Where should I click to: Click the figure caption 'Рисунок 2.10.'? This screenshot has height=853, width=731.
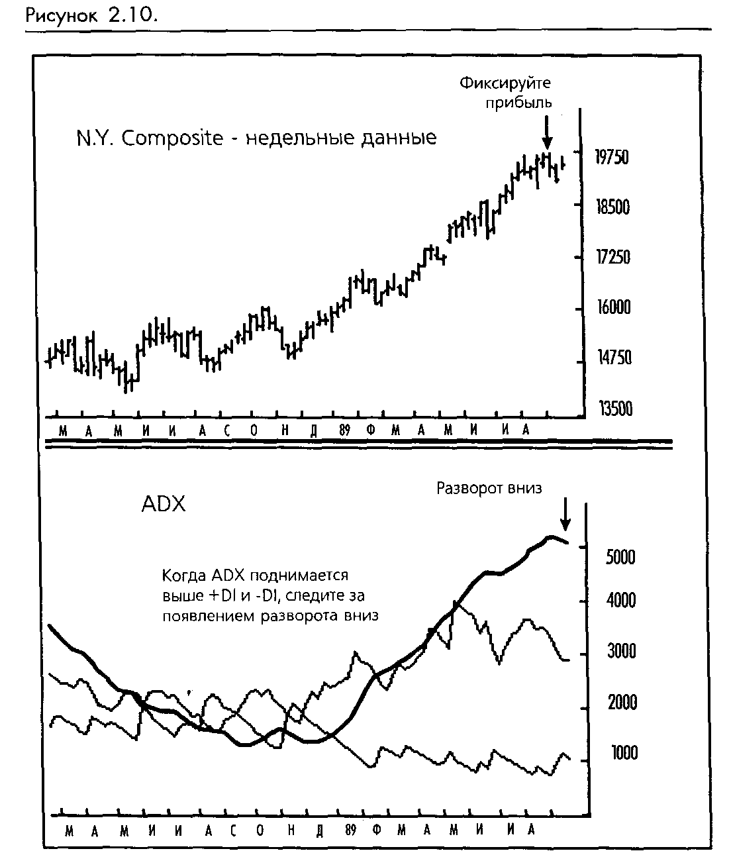pos(91,16)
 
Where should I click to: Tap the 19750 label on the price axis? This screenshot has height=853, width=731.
pos(612,157)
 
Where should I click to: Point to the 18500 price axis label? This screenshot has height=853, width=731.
pos(613,207)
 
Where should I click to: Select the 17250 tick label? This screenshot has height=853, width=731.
pos(613,257)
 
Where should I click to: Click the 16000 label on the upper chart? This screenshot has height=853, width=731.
pos(614,307)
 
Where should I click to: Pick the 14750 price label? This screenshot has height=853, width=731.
pos(614,358)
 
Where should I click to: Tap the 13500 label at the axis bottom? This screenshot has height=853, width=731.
pos(616,409)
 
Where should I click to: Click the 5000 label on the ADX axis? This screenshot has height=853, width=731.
pos(620,557)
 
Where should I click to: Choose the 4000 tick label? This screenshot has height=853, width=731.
pos(621,600)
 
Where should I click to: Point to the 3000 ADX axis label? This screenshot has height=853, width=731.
pos(621,651)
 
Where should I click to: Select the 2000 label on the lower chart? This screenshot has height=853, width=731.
pos(622,702)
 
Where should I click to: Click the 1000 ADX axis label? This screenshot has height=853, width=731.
pos(624,753)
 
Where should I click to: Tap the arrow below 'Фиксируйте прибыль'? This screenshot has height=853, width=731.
pos(547,132)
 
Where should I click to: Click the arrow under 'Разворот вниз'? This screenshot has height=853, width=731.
pos(565,514)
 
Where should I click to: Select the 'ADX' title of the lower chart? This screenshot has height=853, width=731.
pos(164,504)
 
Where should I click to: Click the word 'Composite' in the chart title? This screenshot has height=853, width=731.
pos(172,138)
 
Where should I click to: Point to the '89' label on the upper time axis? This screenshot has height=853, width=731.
pos(344,430)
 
